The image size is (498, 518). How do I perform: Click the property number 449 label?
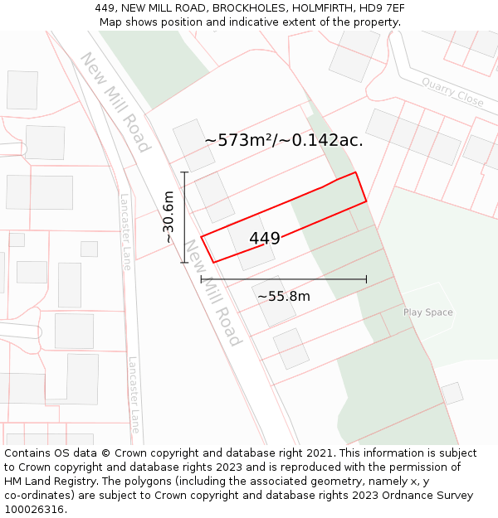click(x=265, y=239)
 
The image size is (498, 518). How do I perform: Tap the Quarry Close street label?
click(x=452, y=92)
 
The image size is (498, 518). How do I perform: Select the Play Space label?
click(x=427, y=312)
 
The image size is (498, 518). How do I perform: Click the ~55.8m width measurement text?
click(x=283, y=296)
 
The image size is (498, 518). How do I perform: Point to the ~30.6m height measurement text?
click(x=168, y=217)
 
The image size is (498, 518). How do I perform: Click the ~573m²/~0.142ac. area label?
click(x=284, y=140)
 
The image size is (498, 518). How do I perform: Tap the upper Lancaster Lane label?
click(x=125, y=231)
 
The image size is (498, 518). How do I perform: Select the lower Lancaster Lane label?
click(x=134, y=395)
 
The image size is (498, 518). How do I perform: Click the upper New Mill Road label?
click(x=115, y=102)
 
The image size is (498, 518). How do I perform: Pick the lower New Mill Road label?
click(x=212, y=292)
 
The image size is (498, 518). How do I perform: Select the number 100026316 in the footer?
click(x=36, y=509)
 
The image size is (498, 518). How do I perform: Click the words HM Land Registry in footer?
click(x=51, y=481)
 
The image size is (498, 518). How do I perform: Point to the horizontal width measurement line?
click(x=282, y=279)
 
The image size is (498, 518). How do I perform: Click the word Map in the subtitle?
click(x=111, y=22)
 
